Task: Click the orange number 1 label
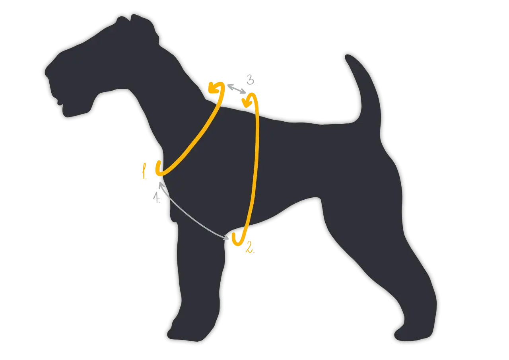(x=144, y=171)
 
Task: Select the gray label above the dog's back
(x=250, y=79)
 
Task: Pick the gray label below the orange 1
(x=157, y=196)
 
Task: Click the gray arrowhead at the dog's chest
(x=161, y=185)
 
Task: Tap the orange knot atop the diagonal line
(x=216, y=88)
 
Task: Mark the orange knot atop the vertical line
(x=249, y=100)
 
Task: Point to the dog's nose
(x=49, y=72)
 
